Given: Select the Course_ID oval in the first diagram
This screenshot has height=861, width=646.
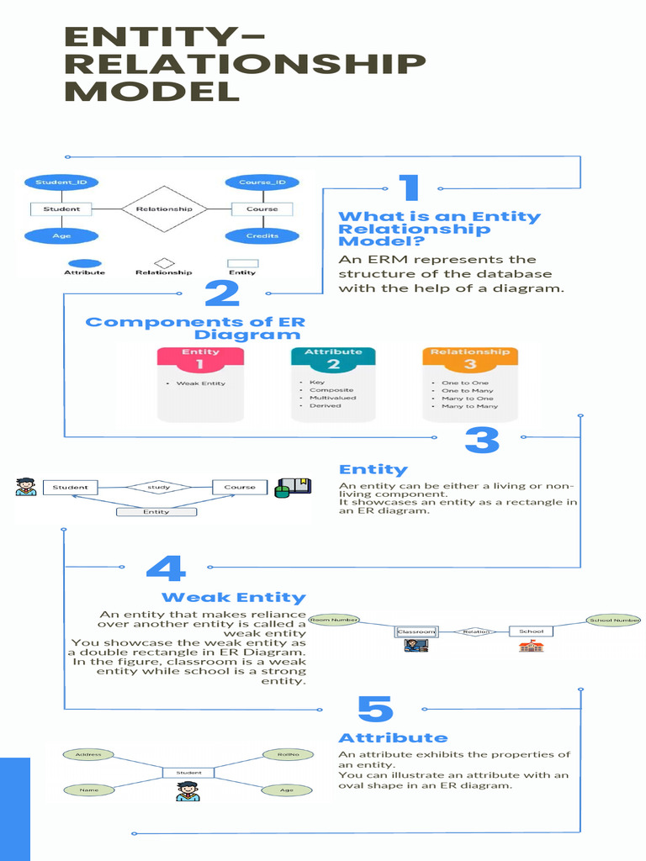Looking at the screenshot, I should point(262,182).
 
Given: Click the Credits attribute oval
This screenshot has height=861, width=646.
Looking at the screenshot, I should point(262,235).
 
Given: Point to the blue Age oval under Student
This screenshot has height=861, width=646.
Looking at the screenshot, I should point(61,235).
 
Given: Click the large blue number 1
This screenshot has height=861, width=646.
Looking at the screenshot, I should point(409,189).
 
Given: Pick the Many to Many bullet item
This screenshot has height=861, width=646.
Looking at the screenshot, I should point(469,406).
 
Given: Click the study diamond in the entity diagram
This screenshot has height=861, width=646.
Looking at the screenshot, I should point(158,487).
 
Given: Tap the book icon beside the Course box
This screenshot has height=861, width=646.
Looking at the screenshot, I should point(294,487).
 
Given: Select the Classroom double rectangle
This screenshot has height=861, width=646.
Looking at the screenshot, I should point(416,631).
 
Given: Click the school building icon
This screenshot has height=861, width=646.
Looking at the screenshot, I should point(531,646).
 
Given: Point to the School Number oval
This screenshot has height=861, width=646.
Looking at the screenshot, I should point(614,621).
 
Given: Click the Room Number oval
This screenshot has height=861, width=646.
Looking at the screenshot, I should point(334,621).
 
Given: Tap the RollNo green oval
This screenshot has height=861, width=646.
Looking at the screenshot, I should point(288,754).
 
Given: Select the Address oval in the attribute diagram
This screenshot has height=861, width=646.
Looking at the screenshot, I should point(88,754).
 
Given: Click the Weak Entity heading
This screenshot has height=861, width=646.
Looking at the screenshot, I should point(233,597).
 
